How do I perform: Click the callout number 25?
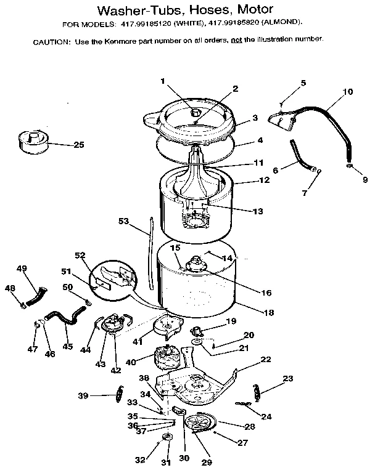[78, 145]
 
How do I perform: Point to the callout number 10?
[347, 92]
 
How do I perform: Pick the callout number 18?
[269, 312]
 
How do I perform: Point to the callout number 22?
[266, 359]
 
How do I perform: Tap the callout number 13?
[257, 211]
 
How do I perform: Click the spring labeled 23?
[260, 389]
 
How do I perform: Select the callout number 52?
[79, 255]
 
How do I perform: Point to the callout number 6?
[275, 170]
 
